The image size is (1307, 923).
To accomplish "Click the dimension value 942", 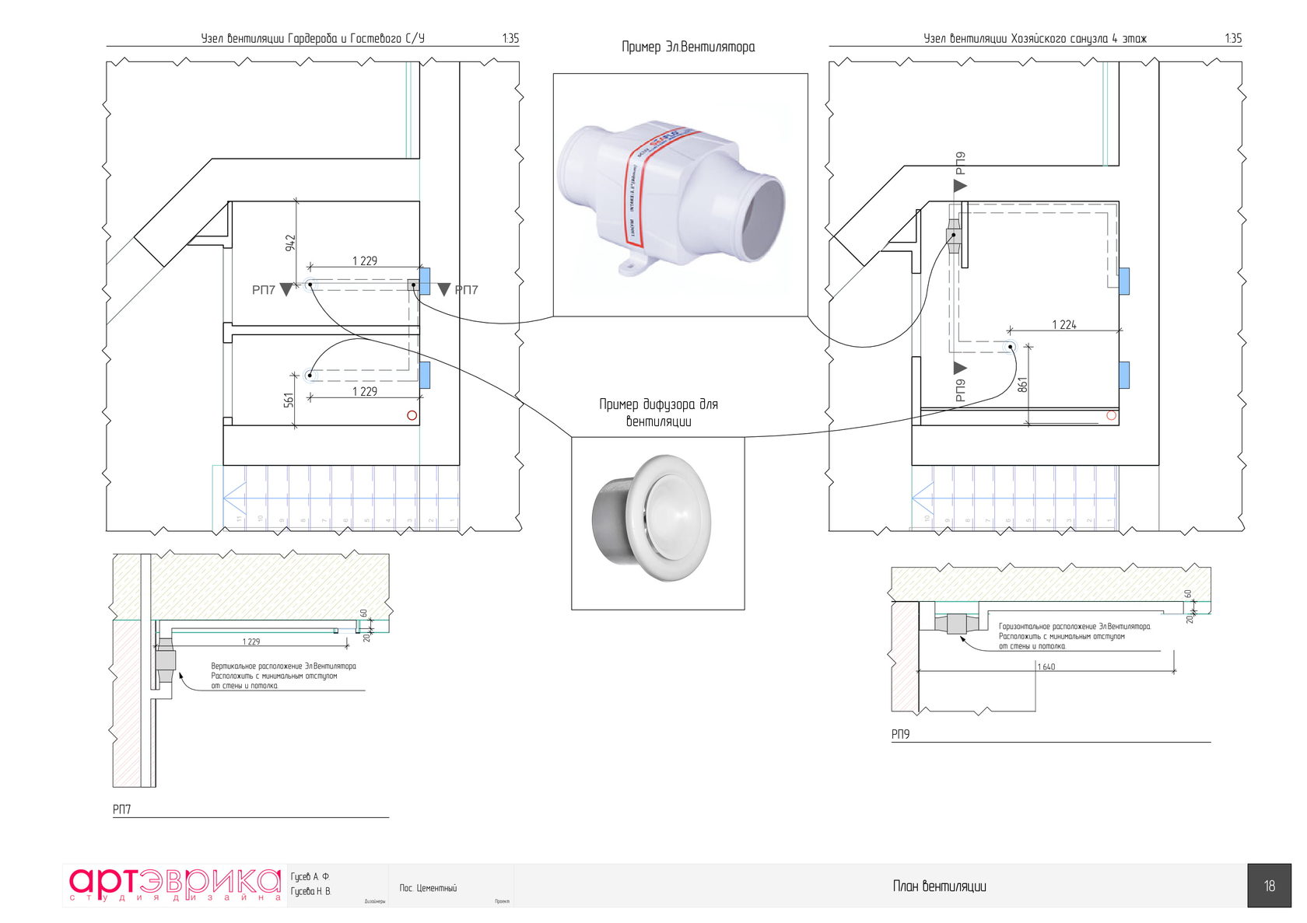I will [x=290, y=242].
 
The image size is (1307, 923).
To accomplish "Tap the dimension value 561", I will [x=289, y=400].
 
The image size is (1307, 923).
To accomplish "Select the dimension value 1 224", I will [x=1063, y=324].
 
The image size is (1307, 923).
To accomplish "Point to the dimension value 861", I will [x=1022, y=383].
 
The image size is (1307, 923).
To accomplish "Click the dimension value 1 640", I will [x=1046, y=666].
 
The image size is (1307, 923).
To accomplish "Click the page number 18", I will [x=1269, y=886].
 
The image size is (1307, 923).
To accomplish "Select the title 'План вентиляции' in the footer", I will [x=939, y=886].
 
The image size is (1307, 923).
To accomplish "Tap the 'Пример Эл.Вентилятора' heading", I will [x=688, y=47].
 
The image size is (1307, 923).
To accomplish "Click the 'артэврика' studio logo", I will [x=174, y=885].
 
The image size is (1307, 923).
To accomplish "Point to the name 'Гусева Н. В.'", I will [x=310, y=891].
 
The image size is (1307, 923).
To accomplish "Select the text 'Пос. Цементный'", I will [x=428, y=888].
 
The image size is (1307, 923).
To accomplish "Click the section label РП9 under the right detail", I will [x=900, y=734].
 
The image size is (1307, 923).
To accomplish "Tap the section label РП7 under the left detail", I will [x=121, y=809].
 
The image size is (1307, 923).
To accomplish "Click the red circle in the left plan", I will [x=412, y=415].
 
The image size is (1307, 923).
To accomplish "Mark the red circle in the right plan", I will [x=1111, y=415].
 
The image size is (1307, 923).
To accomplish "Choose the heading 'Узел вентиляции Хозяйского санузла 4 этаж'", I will [x=1035, y=38].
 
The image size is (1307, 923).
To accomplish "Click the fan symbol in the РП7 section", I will [x=165, y=661].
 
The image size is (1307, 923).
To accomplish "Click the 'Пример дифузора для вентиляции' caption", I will [x=658, y=413].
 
